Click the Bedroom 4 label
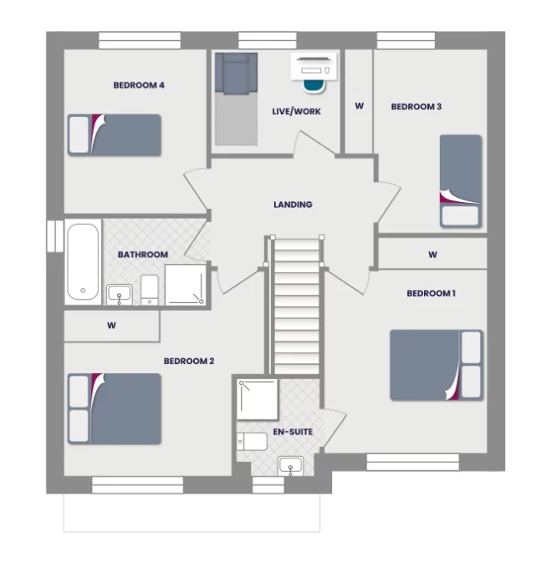pos(138,84)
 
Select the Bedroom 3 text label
pos(416,106)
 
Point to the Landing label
pos(293,204)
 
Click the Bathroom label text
pos(142,254)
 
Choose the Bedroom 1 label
pos(431,293)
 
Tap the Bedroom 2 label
pos(189,361)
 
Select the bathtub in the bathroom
pos(83,261)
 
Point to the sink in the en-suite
pos(291,466)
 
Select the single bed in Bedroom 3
pos(461,180)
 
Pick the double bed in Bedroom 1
pos(436,365)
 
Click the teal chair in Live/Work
pos(313,84)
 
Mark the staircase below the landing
pos(296,305)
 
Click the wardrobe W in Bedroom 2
pos(111,326)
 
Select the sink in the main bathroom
pos(120,294)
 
